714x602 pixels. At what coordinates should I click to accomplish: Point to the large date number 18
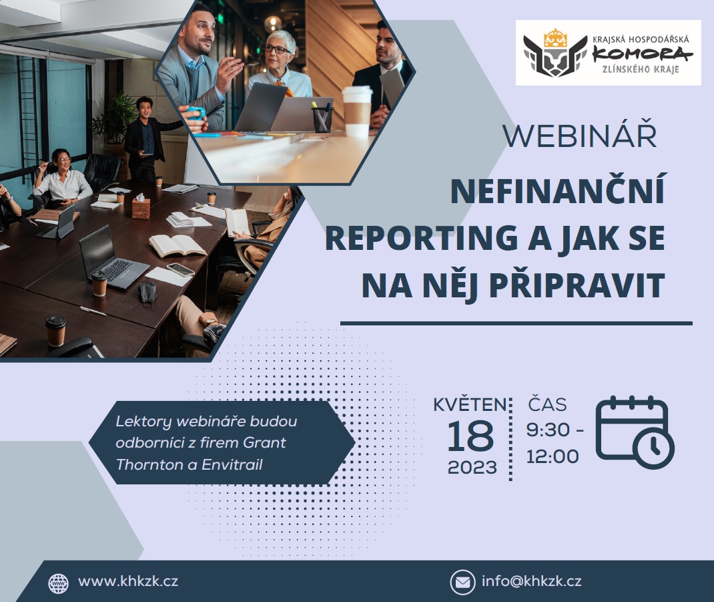click(x=470, y=436)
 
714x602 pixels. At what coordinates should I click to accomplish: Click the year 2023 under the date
click(x=472, y=468)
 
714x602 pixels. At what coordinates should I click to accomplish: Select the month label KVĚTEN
click(x=470, y=404)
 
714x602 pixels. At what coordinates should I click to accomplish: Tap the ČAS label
click(x=547, y=404)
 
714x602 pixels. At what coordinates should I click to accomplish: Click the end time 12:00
click(x=553, y=456)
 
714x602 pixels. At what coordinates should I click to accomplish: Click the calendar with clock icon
click(x=635, y=432)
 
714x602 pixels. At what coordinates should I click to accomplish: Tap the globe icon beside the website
click(x=58, y=583)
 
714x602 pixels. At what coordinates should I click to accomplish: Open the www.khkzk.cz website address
click(x=128, y=581)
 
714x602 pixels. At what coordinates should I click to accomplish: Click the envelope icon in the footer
click(x=462, y=583)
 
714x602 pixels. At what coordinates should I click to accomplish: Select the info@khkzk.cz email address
click(x=531, y=581)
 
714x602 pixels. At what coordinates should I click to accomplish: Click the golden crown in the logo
click(x=555, y=39)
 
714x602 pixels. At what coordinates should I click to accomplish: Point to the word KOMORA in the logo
click(x=642, y=55)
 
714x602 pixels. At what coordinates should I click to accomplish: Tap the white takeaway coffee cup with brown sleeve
click(x=357, y=111)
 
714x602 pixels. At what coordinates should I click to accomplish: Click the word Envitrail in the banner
click(x=232, y=465)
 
